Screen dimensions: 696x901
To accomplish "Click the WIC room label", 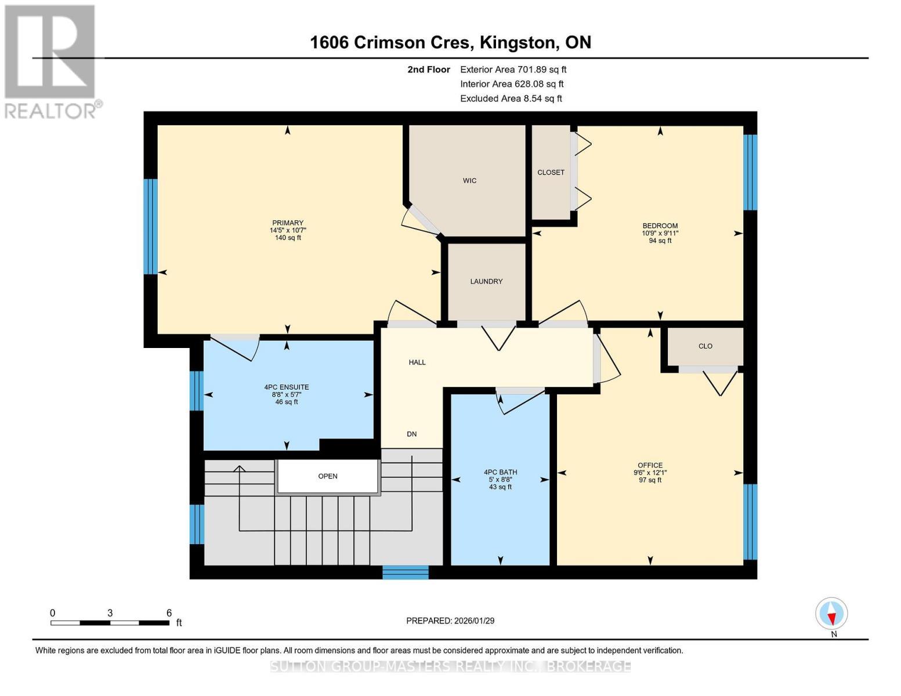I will (469, 180).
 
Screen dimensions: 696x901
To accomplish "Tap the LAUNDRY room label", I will (486, 281).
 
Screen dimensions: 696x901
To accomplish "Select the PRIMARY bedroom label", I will (288, 223).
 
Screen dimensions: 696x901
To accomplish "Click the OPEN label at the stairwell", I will (328, 476).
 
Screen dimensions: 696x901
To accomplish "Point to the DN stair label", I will (411, 434).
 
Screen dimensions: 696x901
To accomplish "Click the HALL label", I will (417, 362).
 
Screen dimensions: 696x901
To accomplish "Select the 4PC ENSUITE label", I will (287, 387).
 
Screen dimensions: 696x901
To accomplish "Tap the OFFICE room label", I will (650, 465).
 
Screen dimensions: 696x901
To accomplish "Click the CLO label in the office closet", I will (705, 346).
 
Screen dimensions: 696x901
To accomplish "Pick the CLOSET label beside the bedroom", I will (551, 172).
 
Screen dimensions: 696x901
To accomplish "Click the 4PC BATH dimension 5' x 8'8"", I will (500, 480).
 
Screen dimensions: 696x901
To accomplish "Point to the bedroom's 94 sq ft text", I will (660, 241).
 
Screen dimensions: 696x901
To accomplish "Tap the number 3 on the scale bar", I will (110, 613).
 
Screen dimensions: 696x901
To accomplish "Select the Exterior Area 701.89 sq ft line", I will (513, 70).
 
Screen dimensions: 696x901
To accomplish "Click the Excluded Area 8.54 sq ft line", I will (511, 99).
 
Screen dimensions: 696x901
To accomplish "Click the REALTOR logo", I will (51, 61).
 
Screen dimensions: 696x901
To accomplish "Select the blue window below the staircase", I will (405, 572).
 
